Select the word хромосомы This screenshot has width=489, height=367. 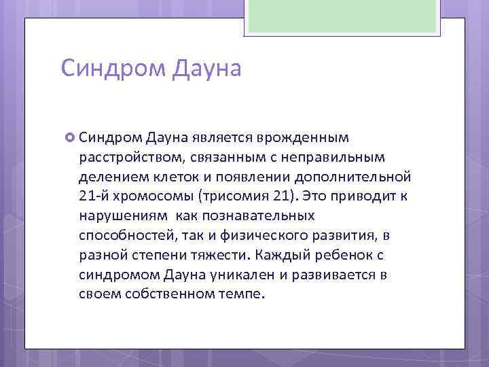coord(152,197)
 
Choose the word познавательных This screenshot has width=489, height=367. coord(259,217)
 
